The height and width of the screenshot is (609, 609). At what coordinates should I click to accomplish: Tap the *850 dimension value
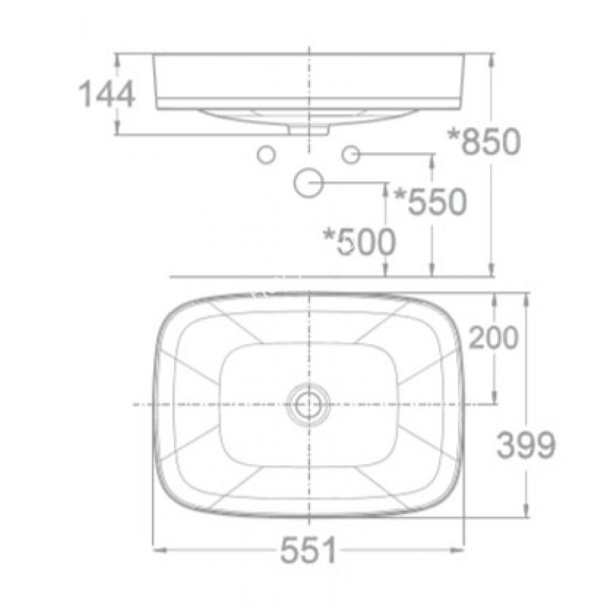tap(484, 142)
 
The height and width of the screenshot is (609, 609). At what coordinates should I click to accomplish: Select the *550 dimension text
tap(430, 202)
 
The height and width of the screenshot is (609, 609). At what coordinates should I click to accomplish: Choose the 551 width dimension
tap(308, 552)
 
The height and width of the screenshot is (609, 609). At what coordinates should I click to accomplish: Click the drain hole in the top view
tap(310, 404)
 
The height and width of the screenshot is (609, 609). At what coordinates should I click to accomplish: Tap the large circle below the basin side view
tap(308, 182)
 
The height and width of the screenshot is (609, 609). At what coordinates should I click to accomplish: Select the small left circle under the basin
tap(266, 155)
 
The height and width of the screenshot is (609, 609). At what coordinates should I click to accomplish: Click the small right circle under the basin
tap(351, 155)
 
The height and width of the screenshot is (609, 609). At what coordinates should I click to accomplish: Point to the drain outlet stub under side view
tap(309, 130)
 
